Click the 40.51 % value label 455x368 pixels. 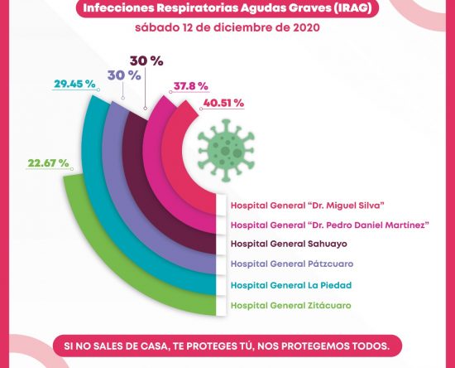pyautogui.click(x=223, y=104)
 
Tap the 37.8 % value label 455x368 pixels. pyautogui.click(x=191, y=86)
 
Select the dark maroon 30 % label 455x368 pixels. pyautogui.click(x=146, y=61)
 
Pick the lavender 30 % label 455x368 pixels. pyautogui.click(x=124, y=75)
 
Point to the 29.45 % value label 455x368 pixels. pyautogui.click(x=74, y=84)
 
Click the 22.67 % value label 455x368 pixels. pyautogui.click(x=48, y=163)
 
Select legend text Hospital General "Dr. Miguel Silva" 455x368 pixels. pyautogui.click(x=308, y=206)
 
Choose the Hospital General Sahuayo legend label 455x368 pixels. pyautogui.click(x=289, y=244)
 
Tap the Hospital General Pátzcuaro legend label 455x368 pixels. pyautogui.click(x=292, y=264)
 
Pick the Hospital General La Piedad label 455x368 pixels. pyautogui.click(x=291, y=285)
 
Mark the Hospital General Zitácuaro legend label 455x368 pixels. pyautogui.click(x=290, y=306)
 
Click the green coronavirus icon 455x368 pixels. pyautogui.click(x=227, y=151)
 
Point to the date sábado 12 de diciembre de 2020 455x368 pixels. pyautogui.click(x=227, y=28)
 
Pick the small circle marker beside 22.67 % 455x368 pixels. pyautogui.click(x=72, y=169)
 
